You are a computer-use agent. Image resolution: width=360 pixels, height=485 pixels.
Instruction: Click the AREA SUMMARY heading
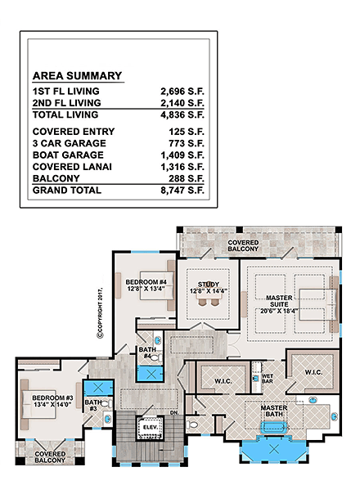[x=77, y=76]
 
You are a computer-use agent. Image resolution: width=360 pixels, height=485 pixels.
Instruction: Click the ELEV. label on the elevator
[x=150, y=427]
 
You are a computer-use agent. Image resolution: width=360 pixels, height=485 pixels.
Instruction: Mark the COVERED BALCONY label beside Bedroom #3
[x=50, y=456]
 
